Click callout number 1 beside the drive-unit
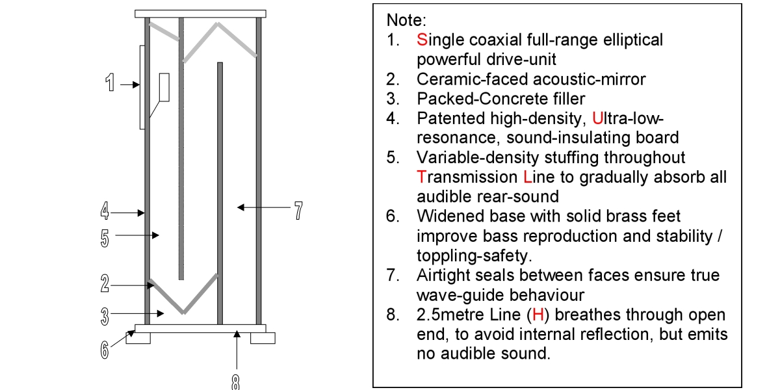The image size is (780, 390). (110, 83)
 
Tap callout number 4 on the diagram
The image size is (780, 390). (105, 211)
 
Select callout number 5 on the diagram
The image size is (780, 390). (105, 239)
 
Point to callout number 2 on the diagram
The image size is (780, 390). (105, 283)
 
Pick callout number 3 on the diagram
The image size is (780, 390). (105, 317)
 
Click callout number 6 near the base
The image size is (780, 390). (105, 350)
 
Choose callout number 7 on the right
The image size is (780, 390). (298, 211)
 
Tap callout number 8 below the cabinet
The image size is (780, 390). (235, 382)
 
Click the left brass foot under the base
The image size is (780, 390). (138, 338)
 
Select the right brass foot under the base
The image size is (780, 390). (263, 338)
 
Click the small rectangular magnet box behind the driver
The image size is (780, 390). (164, 87)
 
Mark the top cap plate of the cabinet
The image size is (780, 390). (201, 14)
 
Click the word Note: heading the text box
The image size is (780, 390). (406, 20)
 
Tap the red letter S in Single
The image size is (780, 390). (422, 40)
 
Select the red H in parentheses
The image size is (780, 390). (538, 315)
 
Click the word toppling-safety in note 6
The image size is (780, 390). (474, 256)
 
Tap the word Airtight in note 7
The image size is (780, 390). (443, 276)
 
